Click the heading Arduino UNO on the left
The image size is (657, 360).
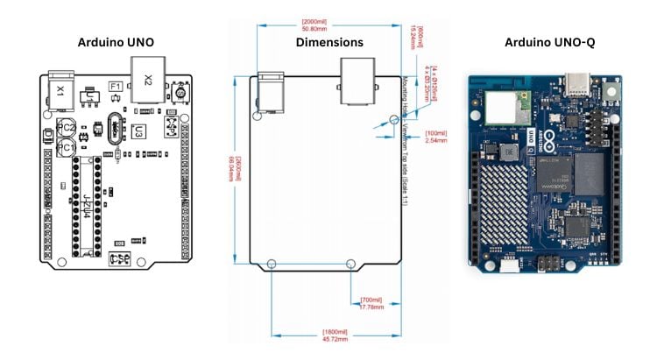click(x=115, y=42)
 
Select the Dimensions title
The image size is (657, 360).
click(x=328, y=42)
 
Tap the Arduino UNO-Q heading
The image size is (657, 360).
click(x=549, y=42)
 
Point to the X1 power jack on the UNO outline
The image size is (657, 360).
click(x=60, y=89)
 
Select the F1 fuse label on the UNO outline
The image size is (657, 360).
click(x=115, y=87)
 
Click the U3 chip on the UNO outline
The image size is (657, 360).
click(x=138, y=133)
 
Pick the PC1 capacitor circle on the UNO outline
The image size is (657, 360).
click(x=66, y=149)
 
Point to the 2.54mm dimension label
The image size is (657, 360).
click(x=435, y=138)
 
